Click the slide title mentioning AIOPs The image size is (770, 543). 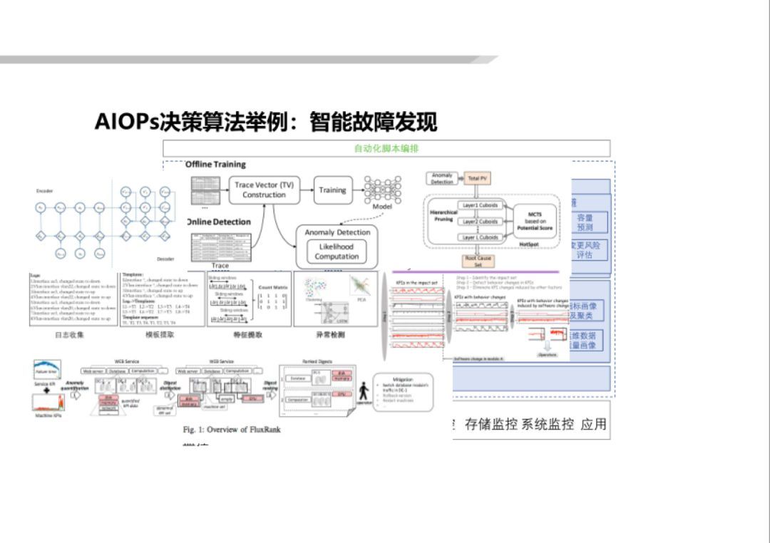(x=265, y=122)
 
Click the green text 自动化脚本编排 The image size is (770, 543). (x=386, y=148)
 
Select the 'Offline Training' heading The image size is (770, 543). (x=215, y=165)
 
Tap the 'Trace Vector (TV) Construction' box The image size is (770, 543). (x=264, y=190)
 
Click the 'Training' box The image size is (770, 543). (x=332, y=190)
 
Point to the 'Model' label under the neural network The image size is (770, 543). (x=382, y=207)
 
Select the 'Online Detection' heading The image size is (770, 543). (x=219, y=222)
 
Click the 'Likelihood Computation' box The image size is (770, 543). (x=336, y=252)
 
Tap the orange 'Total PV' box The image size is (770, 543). (x=477, y=179)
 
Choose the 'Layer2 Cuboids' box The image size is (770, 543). (x=481, y=222)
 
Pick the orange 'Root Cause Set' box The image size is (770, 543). (x=478, y=262)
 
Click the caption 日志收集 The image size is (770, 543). (x=69, y=334)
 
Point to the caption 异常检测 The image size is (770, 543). (x=330, y=334)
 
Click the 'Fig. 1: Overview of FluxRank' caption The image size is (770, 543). (x=232, y=430)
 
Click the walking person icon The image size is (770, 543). (x=364, y=391)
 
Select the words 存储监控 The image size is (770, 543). (x=492, y=425)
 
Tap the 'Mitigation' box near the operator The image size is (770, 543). (x=404, y=391)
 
